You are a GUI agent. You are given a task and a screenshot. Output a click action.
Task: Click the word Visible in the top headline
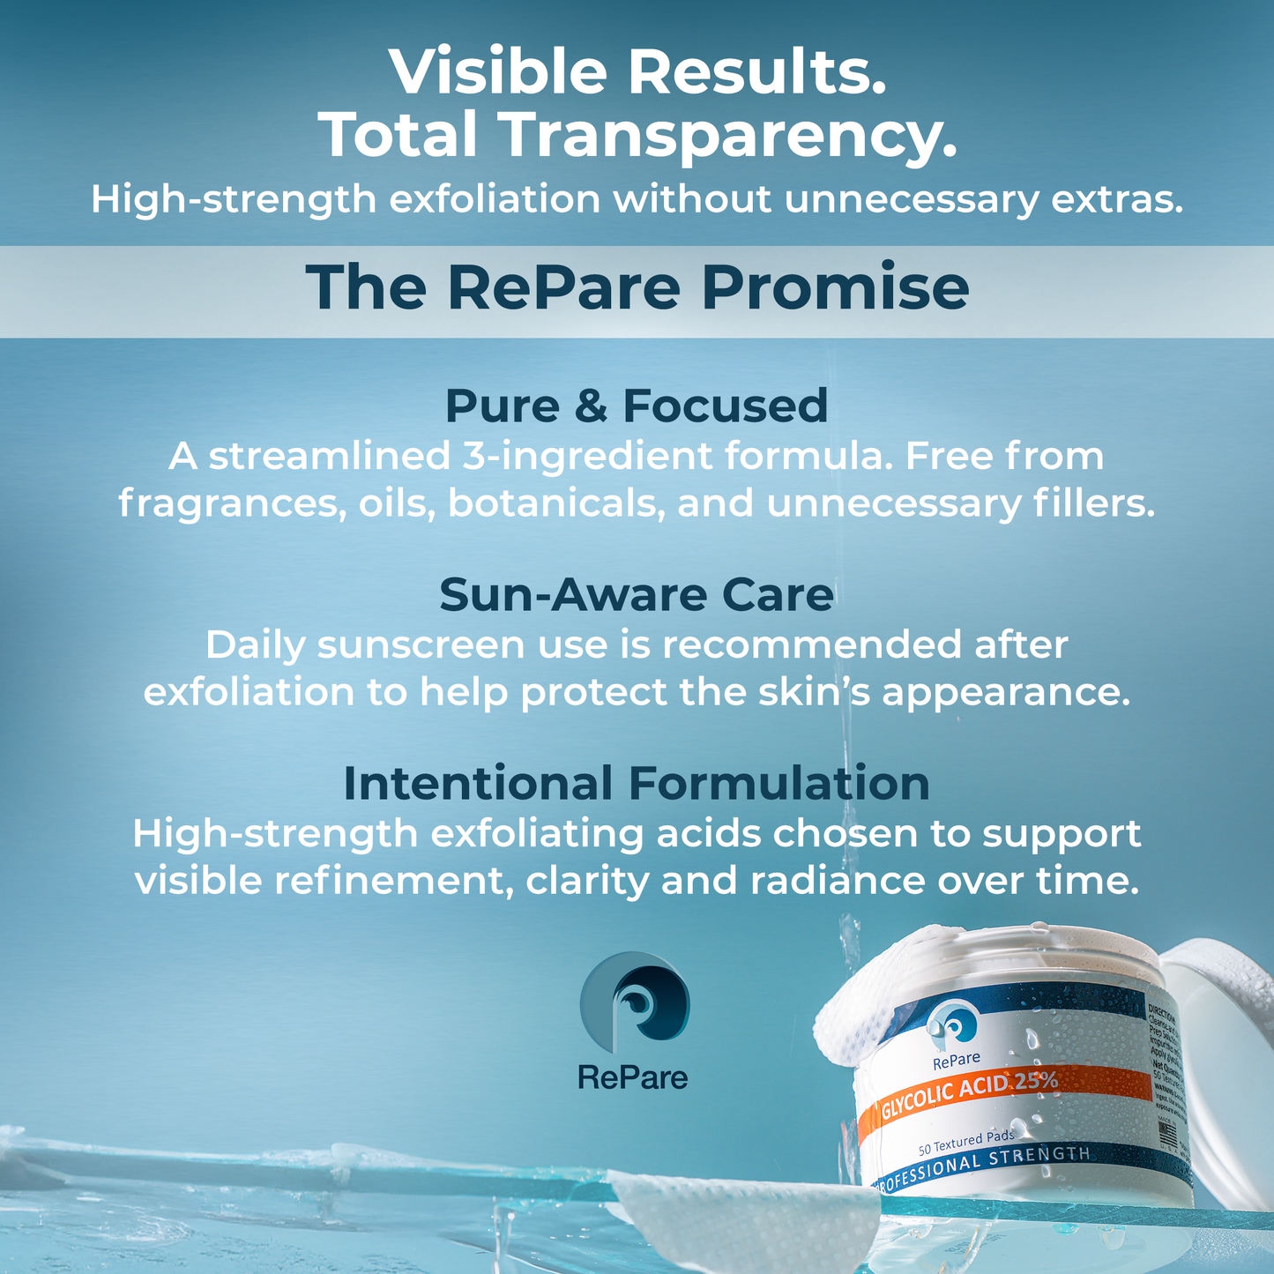[498, 72]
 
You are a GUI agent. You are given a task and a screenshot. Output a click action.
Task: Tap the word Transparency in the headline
[728, 134]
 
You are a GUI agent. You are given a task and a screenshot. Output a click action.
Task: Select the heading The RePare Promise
[637, 288]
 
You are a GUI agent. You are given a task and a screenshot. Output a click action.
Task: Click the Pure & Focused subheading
[637, 406]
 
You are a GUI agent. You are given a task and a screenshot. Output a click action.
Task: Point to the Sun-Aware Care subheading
[637, 594]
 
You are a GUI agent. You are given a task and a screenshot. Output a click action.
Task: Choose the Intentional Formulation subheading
[637, 783]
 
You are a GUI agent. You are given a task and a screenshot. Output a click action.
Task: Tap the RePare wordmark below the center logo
[633, 1077]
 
